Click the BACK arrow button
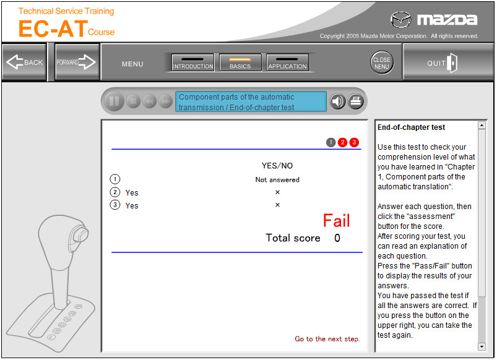(24, 62)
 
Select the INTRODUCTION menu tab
(192, 62)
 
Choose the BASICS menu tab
(240, 62)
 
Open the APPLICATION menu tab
(287, 62)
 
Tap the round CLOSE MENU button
(382, 62)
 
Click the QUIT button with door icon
(448, 62)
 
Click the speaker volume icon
(337, 101)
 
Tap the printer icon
(356, 101)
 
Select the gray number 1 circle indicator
(331, 142)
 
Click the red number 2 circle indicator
(342, 142)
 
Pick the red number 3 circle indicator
(354, 142)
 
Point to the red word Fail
(336, 221)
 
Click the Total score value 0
(337, 238)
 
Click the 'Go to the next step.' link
(327, 339)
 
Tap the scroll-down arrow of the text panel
(482, 346)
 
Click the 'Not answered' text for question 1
(277, 179)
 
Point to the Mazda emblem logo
(400, 20)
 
